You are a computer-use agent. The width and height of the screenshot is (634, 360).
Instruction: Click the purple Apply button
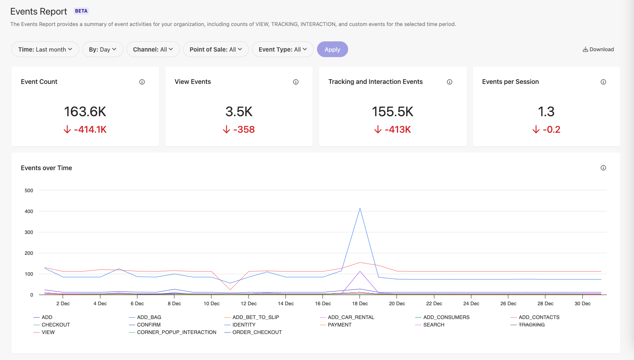pyautogui.click(x=332, y=49)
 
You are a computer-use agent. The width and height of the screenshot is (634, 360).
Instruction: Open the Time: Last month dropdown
pyautogui.click(x=45, y=49)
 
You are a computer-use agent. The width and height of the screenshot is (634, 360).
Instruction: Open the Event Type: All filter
pyautogui.click(x=282, y=49)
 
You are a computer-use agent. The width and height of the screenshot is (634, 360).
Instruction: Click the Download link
pyautogui.click(x=598, y=49)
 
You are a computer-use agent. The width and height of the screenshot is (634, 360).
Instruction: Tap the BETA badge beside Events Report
pyautogui.click(x=81, y=11)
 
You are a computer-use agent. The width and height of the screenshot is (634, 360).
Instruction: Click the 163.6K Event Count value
pyautogui.click(x=85, y=111)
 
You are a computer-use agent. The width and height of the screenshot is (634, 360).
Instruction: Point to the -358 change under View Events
pyautogui.click(x=239, y=130)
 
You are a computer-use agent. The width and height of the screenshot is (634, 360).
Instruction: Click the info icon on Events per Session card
pyautogui.click(x=603, y=82)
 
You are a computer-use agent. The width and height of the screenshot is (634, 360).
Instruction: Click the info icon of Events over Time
pyautogui.click(x=603, y=168)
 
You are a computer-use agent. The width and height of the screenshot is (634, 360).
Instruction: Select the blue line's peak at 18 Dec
pyautogui.click(x=360, y=208)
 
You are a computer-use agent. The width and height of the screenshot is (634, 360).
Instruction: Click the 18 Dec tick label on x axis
pyautogui.click(x=360, y=304)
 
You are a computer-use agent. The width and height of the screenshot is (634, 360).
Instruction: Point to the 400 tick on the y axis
pyautogui.click(x=29, y=212)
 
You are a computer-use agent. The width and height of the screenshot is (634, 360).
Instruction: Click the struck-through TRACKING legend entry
pyautogui.click(x=531, y=325)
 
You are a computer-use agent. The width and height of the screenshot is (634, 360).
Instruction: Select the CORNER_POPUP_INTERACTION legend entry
pyautogui.click(x=176, y=332)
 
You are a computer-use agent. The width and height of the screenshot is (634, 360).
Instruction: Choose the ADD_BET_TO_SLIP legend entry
pyautogui.click(x=256, y=317)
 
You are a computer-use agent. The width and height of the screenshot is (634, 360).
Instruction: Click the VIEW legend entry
pyautogui.click(x=48, y=332)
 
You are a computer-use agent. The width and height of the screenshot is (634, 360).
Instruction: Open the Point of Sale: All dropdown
pyautogui.click(x=215, y=49)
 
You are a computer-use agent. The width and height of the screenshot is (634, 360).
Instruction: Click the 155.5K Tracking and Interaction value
pyautogui.click(x=393, y=111)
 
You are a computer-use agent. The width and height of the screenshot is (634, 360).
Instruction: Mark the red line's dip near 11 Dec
pyautogui.click(x=230, y=290)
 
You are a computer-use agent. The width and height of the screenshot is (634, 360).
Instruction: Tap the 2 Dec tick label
pyautogui.click(x=63, y=304)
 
